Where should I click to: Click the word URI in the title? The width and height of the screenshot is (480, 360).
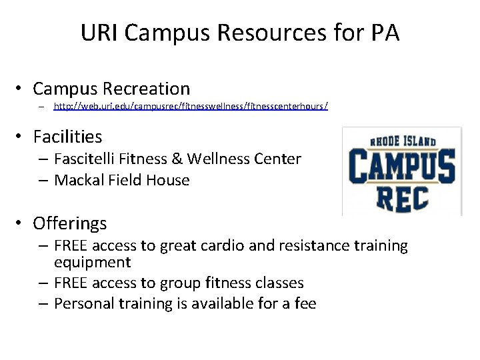[x=99, y=33]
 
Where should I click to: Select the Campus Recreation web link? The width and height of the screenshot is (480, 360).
[x=191, y=106]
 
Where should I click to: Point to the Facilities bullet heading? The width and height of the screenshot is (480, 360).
[x=67, y=137]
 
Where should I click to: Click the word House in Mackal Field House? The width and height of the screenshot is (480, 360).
[x=171, y=180]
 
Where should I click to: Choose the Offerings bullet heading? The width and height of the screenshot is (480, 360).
[x=69, y=223]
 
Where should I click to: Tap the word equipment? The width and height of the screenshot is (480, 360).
[x=92, y=263]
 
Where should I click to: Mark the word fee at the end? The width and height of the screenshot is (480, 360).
[x=305, y=304]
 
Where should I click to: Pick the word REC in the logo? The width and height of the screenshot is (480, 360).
[x=403, y=198]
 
